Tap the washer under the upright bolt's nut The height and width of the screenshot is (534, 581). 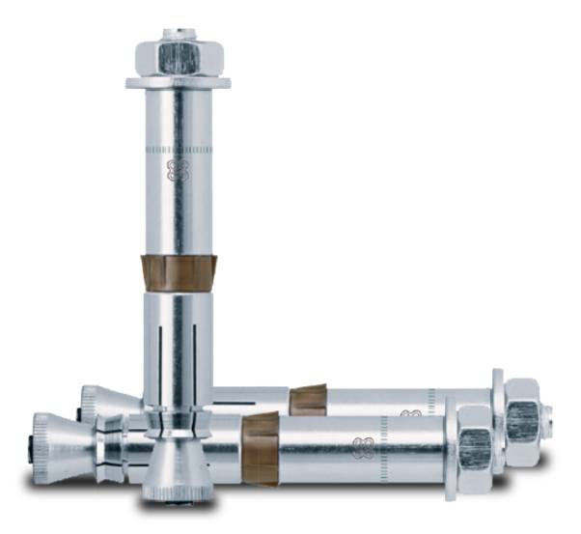[x=180, y=82]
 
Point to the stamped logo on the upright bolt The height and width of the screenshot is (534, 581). [x=176, y=171]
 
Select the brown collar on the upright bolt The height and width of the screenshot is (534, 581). [x=179, y=272]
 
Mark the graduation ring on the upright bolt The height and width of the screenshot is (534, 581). [x=179, y=151]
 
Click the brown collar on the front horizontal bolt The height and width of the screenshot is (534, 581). [x=261, y=446]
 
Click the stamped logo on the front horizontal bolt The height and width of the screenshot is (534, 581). [x=364, y=446]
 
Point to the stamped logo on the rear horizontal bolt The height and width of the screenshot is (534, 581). [x=411, y=413]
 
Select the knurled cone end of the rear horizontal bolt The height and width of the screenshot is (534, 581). [x=97, y=401]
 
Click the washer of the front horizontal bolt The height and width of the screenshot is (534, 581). [x=451, y=447]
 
